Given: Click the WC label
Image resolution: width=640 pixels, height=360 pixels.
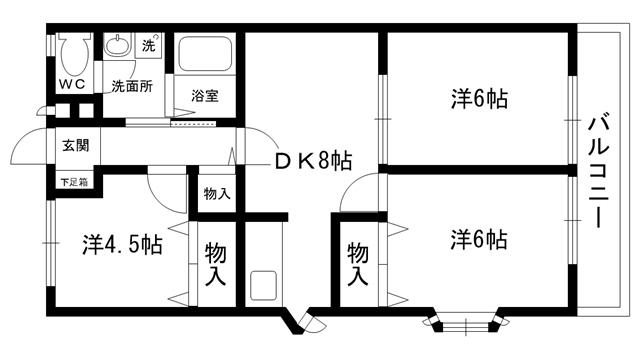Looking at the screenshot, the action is click(x=72, y=84).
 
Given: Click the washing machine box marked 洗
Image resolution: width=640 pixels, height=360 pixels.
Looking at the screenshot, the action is click(x=149, y=44).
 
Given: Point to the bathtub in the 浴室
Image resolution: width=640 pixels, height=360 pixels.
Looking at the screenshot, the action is click(x=205, y=53).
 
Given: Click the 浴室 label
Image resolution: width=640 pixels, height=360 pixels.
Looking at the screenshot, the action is click(x=205, y=96).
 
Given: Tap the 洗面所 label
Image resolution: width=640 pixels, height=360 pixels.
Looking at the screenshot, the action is click(x=132, y=86).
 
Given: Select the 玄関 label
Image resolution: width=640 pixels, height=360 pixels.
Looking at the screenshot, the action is click(x=76, y=145).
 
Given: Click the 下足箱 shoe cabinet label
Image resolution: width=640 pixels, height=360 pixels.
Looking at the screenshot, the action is click(x=75, y=182).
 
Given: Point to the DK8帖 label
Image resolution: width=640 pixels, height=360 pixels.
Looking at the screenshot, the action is click(x=313, y=161).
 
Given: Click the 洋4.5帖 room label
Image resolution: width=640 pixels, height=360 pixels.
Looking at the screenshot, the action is click(x=122, y=245).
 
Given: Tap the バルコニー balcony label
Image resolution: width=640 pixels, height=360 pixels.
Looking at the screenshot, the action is click(x=599, y=172).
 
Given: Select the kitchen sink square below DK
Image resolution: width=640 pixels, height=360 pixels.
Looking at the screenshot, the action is click(x=264, y=285).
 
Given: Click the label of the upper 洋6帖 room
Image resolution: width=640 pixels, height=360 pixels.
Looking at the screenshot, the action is click(x=479, y=99).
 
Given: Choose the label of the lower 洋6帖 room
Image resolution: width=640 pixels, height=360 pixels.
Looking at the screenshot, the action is click(x=479, y=240).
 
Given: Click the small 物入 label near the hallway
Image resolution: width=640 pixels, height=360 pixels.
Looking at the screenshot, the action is click(x=217, y=193).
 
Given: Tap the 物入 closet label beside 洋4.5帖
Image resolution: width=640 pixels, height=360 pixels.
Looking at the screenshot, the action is click(x=216, y=264).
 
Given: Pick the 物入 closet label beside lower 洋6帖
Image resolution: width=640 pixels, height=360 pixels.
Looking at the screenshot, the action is click(x=358, y=264).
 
